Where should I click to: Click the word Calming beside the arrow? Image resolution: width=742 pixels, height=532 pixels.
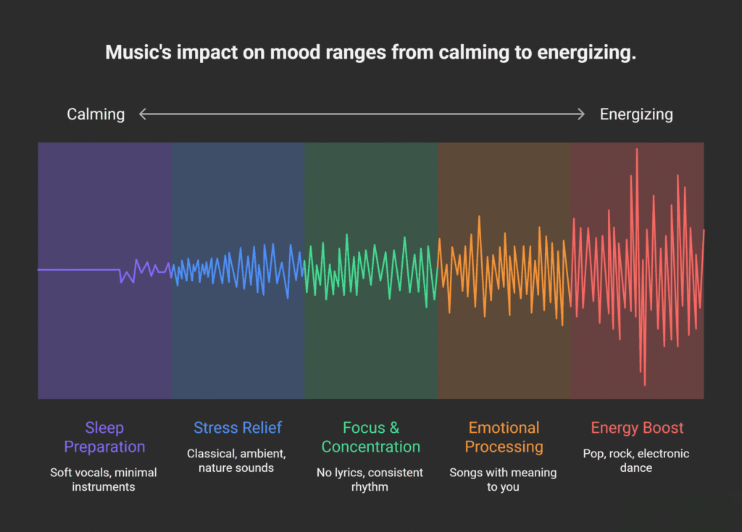[96, 114]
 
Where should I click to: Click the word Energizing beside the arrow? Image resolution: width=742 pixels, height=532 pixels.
[636, 114]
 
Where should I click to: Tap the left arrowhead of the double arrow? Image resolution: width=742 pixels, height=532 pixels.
[143, 114]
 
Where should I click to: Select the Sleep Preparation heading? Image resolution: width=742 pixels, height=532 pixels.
[104, 437]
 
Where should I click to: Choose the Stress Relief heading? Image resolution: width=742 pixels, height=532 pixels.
[237, 428]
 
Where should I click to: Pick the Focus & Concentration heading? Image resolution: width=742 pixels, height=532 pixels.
[370, 437]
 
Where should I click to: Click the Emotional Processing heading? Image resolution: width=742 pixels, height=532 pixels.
[504, 437]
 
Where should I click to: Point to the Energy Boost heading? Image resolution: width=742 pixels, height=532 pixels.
[637, 428]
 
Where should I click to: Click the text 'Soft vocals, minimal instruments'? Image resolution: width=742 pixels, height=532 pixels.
[104, 480]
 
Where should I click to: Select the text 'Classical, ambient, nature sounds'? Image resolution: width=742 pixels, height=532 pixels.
[237, 461]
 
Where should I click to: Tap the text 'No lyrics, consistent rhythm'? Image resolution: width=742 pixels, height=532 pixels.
[370, 480]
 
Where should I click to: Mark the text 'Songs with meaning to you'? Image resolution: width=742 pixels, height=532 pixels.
[503, 480]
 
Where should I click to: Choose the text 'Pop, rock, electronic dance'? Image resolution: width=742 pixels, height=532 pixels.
[636, 461]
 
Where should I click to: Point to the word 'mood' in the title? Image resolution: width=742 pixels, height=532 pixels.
[283, 54]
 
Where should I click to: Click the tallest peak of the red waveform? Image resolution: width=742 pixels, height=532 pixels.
[637, 150]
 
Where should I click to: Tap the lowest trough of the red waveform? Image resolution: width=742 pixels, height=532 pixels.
[643, 384]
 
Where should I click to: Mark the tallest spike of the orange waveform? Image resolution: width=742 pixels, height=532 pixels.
[479, 217]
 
